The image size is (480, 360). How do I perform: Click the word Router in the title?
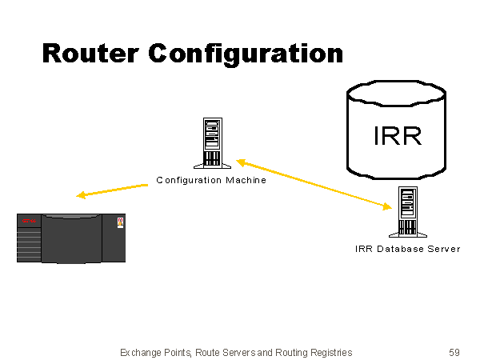[x=90, y=53]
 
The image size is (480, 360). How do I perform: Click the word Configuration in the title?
[x=246, y=54]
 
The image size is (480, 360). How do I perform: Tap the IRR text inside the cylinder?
[x=397, y=135]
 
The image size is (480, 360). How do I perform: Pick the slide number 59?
[x=454, y=352]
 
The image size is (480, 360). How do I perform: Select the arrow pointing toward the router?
[x=112, y=190]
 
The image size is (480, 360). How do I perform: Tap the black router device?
[x=72, y=238]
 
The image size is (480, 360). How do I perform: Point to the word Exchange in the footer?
[x=139, y=352]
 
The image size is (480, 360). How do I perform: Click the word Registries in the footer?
[x=329, y=352]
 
